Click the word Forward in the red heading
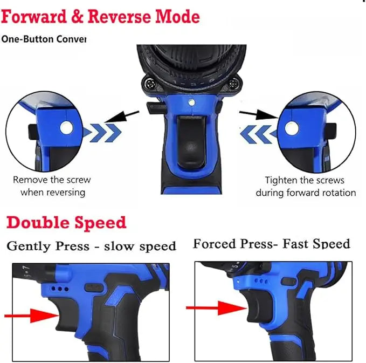(x=33, y=17)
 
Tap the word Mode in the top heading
(x=177, y=17)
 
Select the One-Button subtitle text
(x=43, y=39)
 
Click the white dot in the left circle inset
(x=66, y=127)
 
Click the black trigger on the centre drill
(x=192, y=143)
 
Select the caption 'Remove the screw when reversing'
(x=52, y=186)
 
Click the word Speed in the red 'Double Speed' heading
(x=101, y=223)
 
